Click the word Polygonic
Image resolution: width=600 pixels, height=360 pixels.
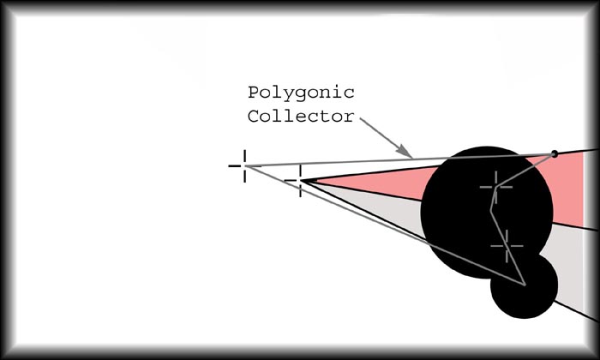[301, 93]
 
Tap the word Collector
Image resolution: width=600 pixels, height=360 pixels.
[301, 117]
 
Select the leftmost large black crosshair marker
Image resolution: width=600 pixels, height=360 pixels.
[244, 166]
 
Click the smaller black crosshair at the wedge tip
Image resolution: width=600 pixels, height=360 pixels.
[300, 180]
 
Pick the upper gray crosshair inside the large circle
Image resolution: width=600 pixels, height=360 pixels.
[496, 187]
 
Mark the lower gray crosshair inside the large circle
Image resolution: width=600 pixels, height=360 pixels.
[507, 246]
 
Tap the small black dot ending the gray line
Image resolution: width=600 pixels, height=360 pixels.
[554, 153]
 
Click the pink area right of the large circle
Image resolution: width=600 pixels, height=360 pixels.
[568, 191]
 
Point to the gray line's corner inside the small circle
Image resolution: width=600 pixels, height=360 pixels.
[525, 285]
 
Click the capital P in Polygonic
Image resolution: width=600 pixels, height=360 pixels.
[253, 93]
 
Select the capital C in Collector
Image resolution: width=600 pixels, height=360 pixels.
[253, 117]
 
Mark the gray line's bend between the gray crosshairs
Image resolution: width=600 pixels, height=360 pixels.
[491, 210]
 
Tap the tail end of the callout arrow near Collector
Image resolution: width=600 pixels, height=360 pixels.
[361, 118]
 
